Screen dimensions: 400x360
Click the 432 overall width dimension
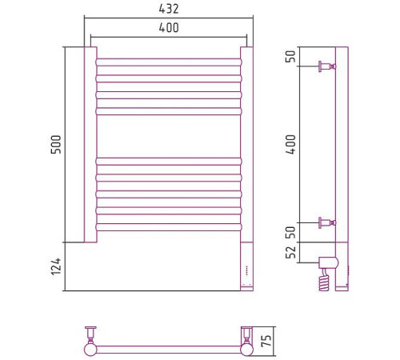[x=169, y=9]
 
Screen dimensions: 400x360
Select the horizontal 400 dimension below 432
[x=169, y=27]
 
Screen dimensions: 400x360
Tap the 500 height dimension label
[x=56, y=145]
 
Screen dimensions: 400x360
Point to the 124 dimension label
[x=56, y=266]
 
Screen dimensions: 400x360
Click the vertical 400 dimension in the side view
[x=290, y=144]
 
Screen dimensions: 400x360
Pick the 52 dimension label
[x=290, y=252]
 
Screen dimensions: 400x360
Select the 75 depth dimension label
[x=266, y=341]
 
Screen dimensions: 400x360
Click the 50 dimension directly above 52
[x=290, y=233]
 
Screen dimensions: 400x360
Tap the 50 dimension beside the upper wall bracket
[x=290, y=56]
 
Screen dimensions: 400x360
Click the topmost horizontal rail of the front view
[x=169, y=62]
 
